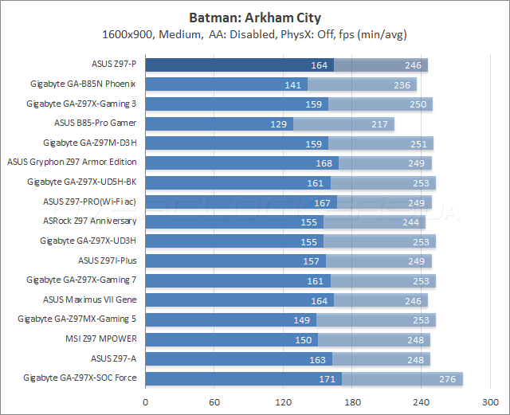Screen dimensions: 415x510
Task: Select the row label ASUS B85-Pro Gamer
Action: [96, 123]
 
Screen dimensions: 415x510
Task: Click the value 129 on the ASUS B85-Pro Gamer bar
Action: [279, 123]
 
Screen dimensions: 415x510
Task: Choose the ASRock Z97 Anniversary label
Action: [89, 221]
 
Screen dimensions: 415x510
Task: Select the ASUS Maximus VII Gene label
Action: [90, 300]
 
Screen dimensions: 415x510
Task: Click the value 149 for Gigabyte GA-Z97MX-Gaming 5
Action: [303, 319]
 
